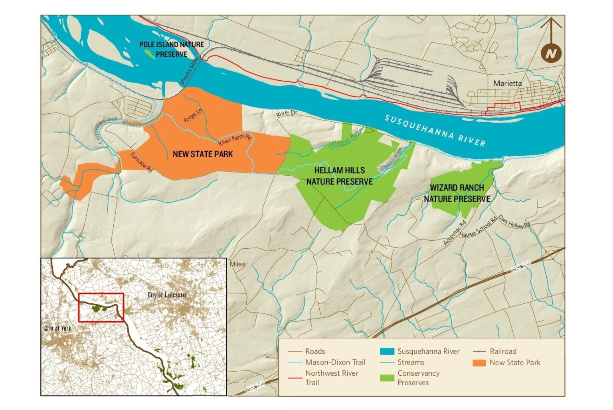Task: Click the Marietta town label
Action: click(507, 83)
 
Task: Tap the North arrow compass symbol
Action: click(551, 52)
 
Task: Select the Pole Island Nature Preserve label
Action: click(172, 49)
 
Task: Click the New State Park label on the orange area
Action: click(203, 154)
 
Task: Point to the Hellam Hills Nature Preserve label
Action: click(340, 176)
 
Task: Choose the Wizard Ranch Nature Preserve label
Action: click(457, 193)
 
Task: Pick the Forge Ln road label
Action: click(193, 115)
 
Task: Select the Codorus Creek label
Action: click(107, 129)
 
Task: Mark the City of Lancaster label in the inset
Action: click(167, 295)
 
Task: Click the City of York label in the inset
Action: click(57, 328)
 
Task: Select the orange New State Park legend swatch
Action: click(479, 362)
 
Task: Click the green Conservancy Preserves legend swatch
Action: click(387, 378)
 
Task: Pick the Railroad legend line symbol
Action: click(479, 352)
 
